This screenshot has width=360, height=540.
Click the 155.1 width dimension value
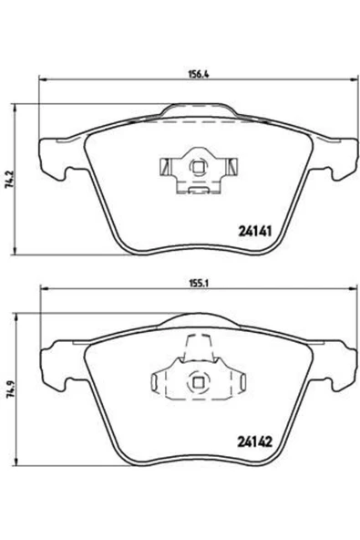pos(197,283)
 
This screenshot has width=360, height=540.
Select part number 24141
pos(255,231)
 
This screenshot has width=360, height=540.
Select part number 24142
pos(255,441)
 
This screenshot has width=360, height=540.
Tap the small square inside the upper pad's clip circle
pos(198,167)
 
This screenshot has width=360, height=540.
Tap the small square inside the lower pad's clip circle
pos(198,382)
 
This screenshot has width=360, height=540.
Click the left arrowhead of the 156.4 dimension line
pos(42,80)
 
